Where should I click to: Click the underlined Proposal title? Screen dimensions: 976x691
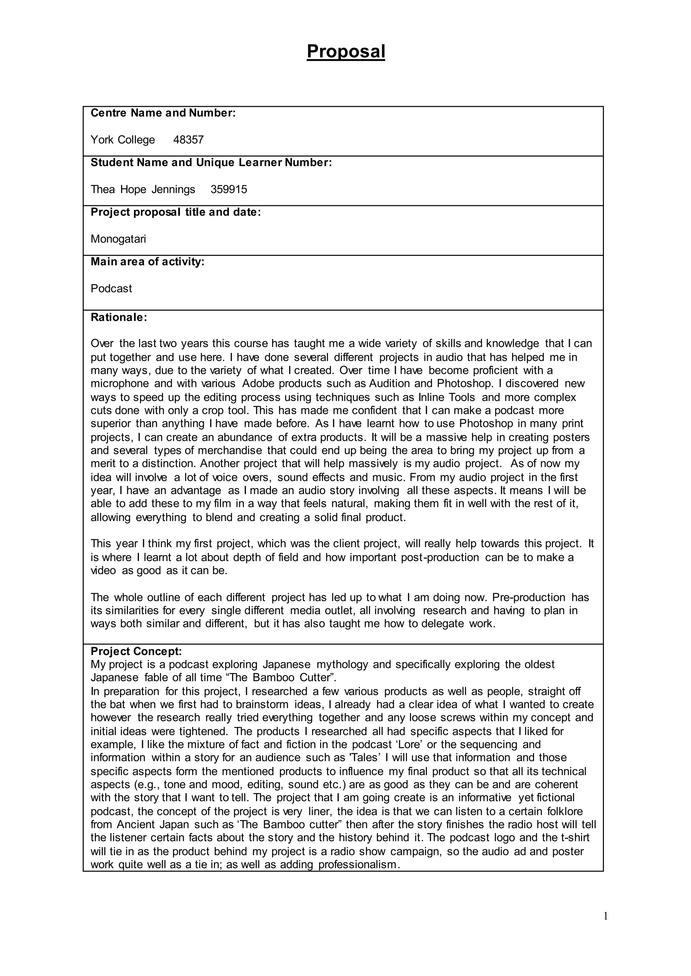345,52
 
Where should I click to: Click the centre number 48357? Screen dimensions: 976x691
189,140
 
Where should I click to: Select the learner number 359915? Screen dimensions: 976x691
229,190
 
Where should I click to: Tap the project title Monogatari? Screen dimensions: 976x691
118,239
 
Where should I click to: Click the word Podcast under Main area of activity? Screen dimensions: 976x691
111,288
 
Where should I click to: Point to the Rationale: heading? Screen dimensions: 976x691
119,317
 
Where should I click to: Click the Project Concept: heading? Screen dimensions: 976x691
136,651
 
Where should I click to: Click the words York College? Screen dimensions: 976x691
123,140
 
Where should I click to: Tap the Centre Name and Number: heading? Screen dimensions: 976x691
163,113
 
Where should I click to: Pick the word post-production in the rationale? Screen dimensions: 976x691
440,557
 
